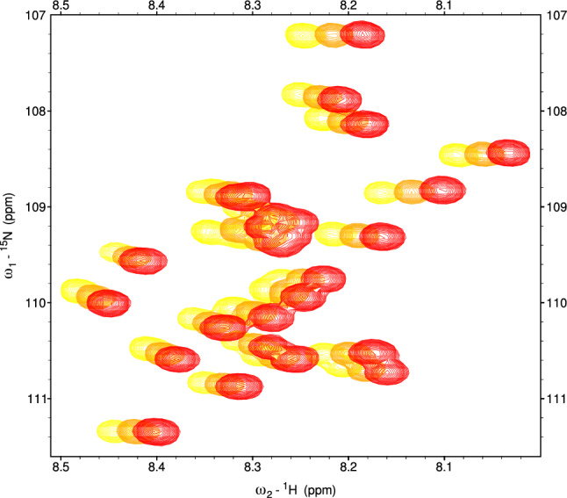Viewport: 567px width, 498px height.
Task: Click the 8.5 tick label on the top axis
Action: click(x=61, y=6)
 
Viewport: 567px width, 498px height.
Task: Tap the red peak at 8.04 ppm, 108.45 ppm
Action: click(x=508, y=153)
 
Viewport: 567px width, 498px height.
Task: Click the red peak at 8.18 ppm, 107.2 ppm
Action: click(x=362, y=35)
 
